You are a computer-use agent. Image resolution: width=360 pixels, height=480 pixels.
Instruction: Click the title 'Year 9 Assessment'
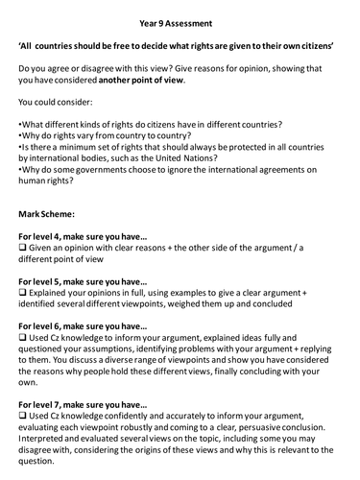coord(180,16)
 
